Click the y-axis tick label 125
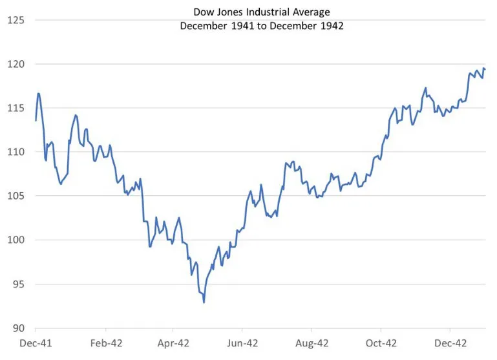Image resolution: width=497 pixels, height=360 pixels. click(x=16, y=20)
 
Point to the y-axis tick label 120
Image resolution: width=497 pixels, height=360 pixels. click(x=16, y=64)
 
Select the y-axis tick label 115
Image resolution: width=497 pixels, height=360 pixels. click(x=16, y=108)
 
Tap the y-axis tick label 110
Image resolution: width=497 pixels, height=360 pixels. click(x=16, y=152)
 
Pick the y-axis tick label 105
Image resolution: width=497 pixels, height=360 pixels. click(x=16, y=196)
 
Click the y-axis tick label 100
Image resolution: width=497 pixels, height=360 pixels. click(x=16, y=240)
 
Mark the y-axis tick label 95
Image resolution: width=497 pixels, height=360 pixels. click(x=17, y=284)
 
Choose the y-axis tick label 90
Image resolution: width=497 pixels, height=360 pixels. click(x=17, y=328)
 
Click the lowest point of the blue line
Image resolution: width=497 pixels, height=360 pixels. click(x=204, y=302)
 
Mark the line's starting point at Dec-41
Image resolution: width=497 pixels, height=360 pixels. click(x=36, y=120)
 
